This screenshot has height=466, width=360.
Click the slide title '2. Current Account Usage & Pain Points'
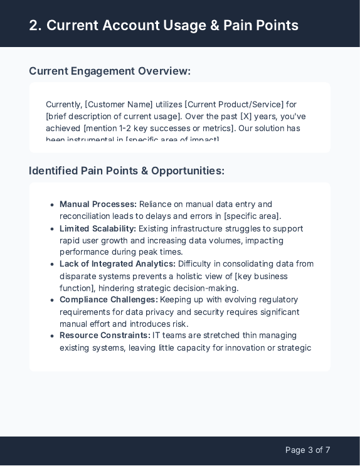coord(164,26)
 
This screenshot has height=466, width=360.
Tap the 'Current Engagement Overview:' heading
coord(110,71)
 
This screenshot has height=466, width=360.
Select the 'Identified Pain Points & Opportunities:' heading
coord(127,171)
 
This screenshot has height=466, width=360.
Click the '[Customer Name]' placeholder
coord(119,104)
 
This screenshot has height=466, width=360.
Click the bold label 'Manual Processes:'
coord(98,204)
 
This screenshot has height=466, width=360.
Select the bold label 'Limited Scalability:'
coord(98,229)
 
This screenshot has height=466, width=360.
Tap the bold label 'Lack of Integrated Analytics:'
coord(117,264)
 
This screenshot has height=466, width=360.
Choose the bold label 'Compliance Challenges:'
coord(109,300)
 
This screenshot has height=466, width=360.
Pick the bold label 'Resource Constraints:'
coord(105,336)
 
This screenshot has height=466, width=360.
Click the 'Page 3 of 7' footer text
coord(307,450)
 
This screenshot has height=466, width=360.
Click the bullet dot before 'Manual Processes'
coord(52,205)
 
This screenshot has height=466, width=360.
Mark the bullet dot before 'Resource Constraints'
coord(52,336)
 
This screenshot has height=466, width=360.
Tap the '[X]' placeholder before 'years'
coord(247,117)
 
